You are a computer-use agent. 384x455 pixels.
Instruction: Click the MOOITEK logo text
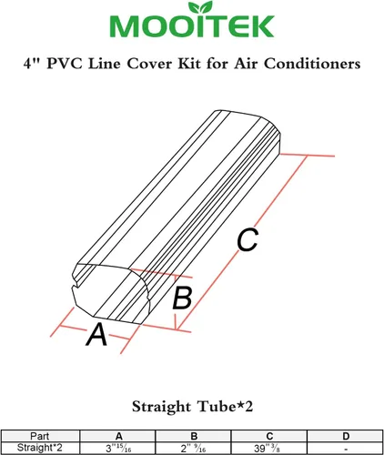point(192,26)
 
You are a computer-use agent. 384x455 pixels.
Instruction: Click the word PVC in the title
point(65,64)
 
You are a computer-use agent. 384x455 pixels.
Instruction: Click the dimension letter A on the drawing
point(96,334)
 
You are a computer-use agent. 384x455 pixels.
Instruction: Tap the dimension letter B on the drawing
point(182,298)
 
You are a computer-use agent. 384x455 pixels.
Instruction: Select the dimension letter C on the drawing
point(248,240)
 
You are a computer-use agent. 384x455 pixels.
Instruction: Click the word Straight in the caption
point(162,407)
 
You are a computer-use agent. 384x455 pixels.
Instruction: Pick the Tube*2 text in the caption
point(225,407)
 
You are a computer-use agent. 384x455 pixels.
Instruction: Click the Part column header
point(40,436)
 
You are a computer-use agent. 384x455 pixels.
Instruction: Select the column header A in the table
point(119,436)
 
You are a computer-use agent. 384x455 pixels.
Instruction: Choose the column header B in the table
point(194,436)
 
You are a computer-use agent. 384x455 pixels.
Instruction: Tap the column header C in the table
point(269,436)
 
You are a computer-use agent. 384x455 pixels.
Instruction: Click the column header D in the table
point(346,436)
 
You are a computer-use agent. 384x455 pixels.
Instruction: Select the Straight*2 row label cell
point(40,448)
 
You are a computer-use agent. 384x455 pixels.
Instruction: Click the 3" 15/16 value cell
point(118,448)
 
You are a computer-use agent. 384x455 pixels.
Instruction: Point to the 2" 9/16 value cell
point(194,448)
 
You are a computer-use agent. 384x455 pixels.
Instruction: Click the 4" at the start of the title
point(31,64)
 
